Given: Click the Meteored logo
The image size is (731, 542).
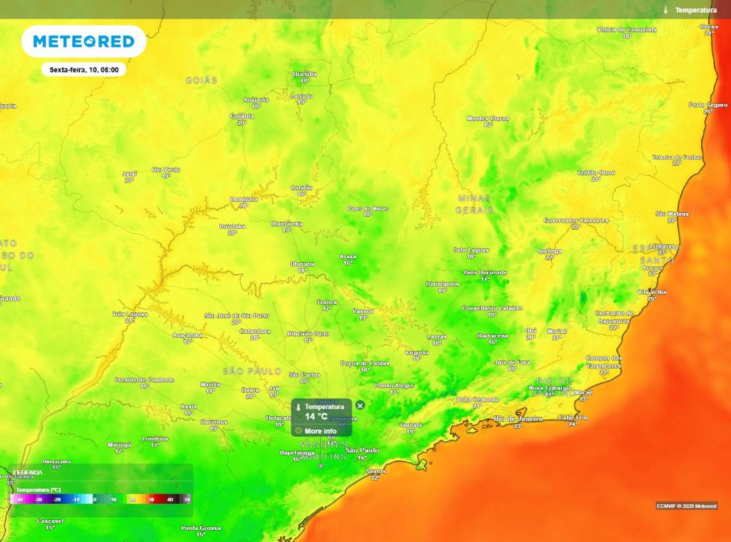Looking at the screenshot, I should point(84,41).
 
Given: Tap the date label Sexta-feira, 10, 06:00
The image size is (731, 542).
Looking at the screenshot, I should point(84,70).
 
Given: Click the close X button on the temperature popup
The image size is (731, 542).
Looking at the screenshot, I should point(360,405).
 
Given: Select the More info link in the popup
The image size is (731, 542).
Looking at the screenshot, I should point(321,431).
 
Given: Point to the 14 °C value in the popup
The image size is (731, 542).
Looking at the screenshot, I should point(316,416).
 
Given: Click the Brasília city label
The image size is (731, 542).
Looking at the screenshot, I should point(304,73).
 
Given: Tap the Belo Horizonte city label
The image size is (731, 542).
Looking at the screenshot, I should point(485,272).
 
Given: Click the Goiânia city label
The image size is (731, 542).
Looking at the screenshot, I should point(242,116).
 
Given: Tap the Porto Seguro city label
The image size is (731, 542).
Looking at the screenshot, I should point(707,105).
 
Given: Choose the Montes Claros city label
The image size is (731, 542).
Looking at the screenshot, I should point(488,118).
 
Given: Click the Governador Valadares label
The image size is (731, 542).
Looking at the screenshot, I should point(575,220).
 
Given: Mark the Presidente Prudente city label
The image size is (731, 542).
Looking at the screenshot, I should point(145,379).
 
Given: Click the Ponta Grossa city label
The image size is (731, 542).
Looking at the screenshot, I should point(201,528).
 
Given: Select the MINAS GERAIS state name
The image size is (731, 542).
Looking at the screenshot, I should point(475,203).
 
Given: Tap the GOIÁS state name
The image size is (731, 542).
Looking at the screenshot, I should point(201,81).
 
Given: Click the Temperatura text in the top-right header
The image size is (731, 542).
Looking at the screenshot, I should point(695,10).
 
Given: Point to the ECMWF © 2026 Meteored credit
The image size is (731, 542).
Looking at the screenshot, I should point(687,506).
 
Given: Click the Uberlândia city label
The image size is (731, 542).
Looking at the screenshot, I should point(286,224).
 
